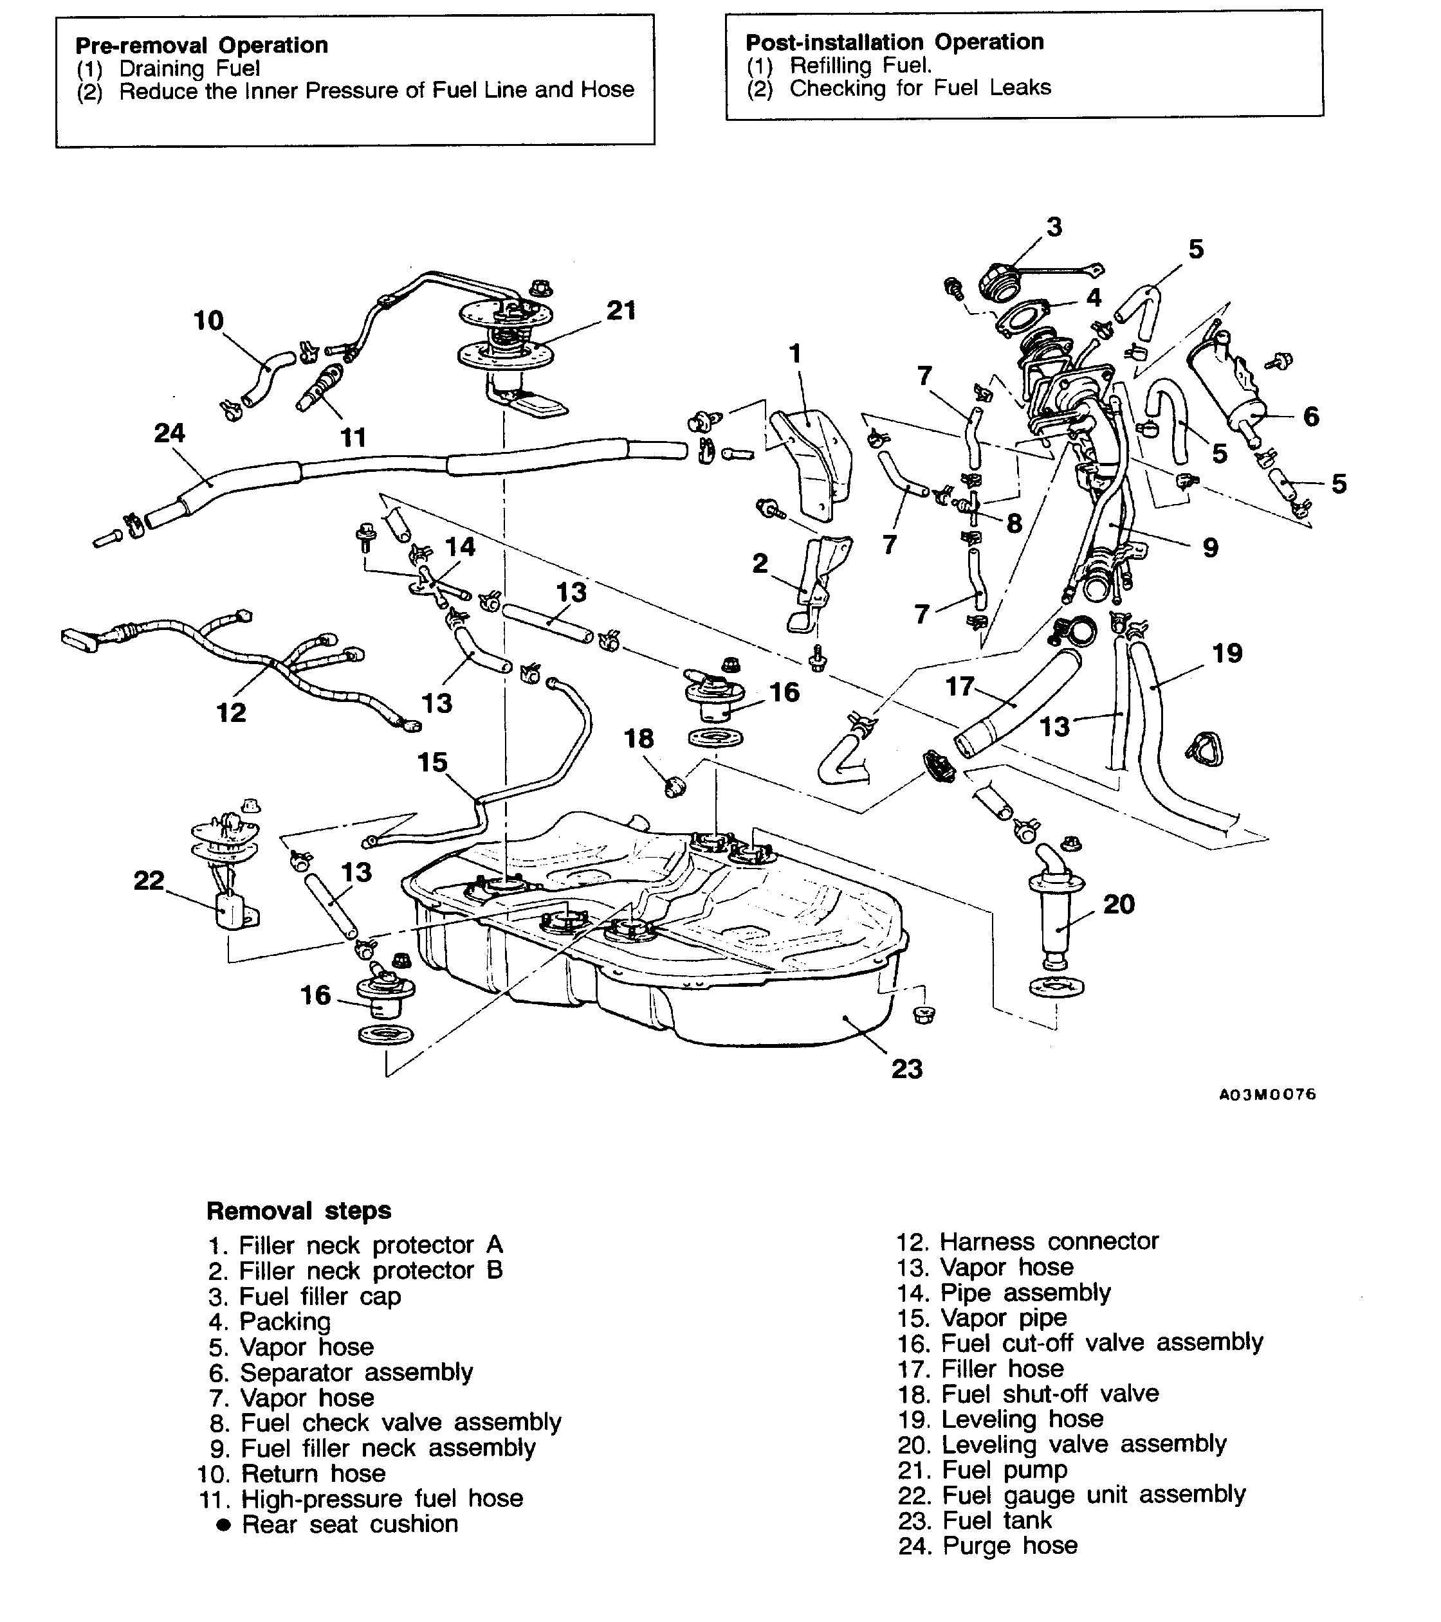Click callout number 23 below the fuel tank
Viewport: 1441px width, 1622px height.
[x=906, y=1069]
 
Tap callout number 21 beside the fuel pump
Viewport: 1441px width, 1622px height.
[x=621, y=311]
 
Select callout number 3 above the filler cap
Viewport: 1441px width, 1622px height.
[x=1054, y=227]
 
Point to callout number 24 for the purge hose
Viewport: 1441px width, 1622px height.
[x=169, y=433]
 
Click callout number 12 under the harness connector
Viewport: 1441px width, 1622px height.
[x=231, y=712]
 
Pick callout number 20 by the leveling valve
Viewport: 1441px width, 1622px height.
[x=1119, y=904]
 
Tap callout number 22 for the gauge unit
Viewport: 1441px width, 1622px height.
[x=149, y=880]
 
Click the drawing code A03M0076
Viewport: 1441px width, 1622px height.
[x=1267, y=1094]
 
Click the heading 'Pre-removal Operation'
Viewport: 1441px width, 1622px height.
[x=201, y=44]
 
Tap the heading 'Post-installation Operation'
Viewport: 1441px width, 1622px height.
[x=894, y=41]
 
